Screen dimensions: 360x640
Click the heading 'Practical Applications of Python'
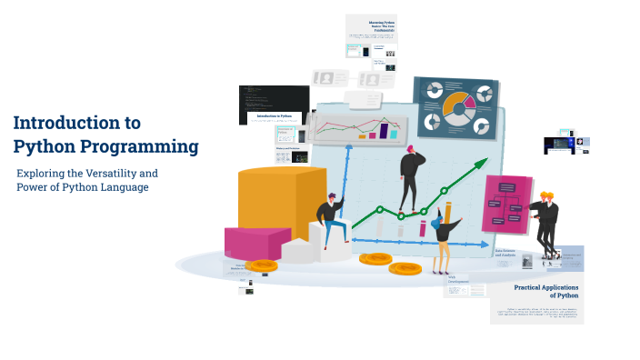coord(546,291)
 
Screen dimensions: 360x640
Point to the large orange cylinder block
coord(268,205)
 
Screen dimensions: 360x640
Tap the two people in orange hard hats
coord(545,218)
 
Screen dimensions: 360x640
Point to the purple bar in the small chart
coord(384,131)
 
